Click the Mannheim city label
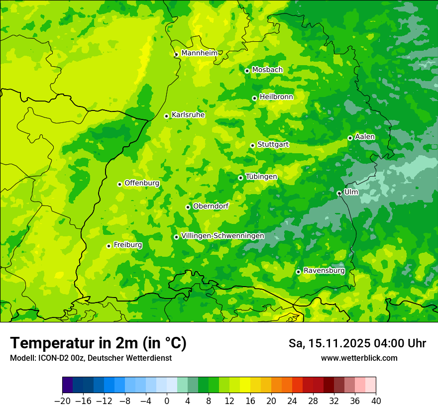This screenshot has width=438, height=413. [199, 53]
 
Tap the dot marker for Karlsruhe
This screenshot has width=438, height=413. [167, 116]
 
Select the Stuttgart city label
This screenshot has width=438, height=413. [273, 144]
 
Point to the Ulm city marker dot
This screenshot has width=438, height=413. [339, 193]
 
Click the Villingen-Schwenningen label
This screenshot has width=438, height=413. [222, 236]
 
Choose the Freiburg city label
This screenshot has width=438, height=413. [127, 245]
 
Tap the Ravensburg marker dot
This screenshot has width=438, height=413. [298, 272]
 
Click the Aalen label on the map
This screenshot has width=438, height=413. [365, 137]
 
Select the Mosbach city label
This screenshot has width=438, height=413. [267, 70]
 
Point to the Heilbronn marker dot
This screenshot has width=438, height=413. [254, 98]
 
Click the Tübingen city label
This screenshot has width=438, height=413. [261, 177]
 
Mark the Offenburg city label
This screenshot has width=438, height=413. [142, 183]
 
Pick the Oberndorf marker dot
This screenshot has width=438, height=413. [188, 207]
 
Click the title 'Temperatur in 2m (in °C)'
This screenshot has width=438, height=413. [98, 343]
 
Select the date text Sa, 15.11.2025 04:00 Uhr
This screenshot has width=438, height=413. [357, 343]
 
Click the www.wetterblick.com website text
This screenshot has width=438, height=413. [359, 358]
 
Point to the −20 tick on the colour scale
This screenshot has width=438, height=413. [62, 401]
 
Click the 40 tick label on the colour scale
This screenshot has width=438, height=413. [376, 401]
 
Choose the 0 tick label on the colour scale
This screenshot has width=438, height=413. [167, 401]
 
